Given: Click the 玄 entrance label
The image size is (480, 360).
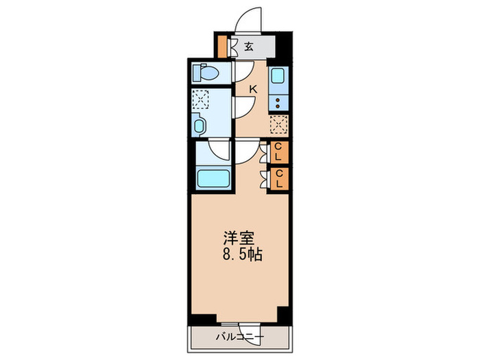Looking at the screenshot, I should tap(249, 47).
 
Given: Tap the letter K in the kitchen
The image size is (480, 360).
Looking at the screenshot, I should tap(252, 88).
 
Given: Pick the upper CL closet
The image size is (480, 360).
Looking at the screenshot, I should tap(279, 152).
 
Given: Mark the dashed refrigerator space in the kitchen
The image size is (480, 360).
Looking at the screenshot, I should tap(278, 125).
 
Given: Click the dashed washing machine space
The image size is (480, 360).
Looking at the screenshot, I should tap(200, 100).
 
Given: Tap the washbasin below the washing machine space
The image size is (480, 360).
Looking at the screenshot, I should tap(200, 125).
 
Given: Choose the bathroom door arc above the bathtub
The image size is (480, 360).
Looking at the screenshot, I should tap(221, 151).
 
